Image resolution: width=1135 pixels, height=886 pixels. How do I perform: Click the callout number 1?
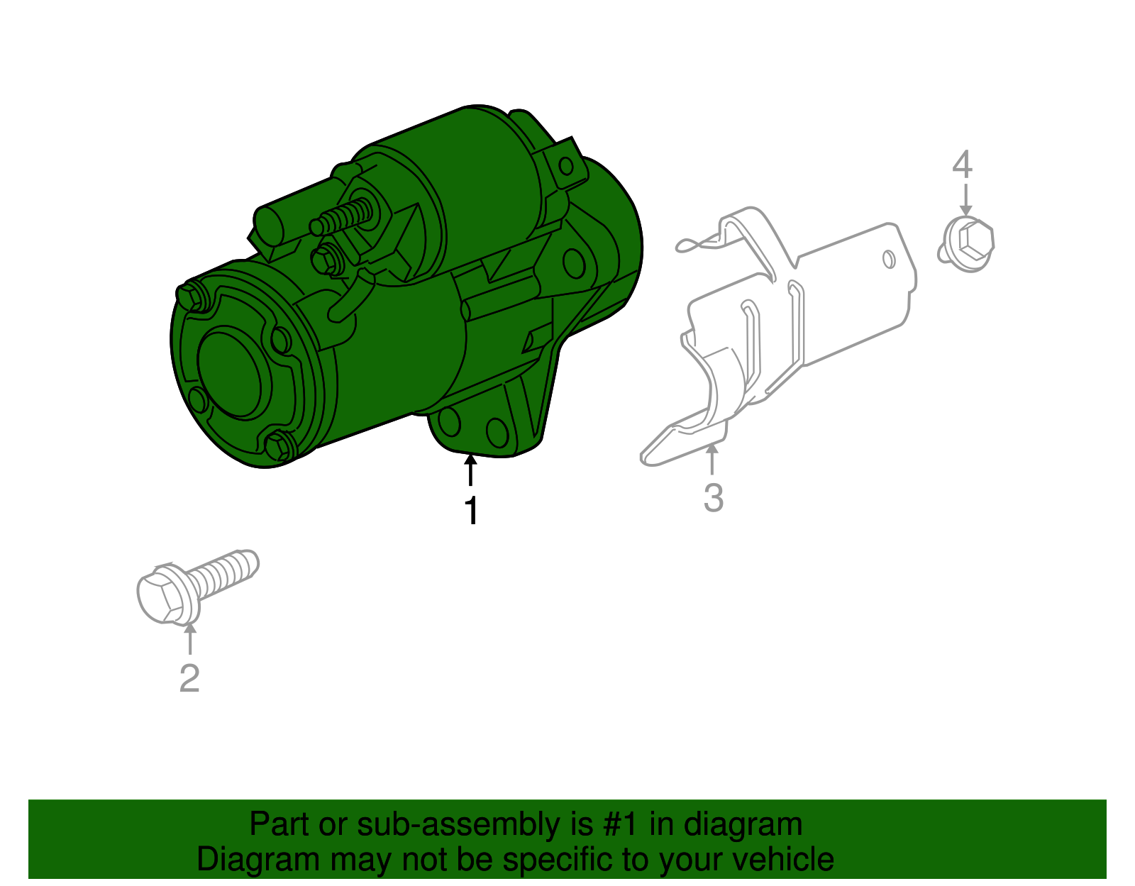(x=471, y=511)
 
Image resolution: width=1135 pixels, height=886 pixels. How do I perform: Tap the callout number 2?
(x=189, y=678)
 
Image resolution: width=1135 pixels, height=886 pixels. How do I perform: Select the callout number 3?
(x=713, y=497)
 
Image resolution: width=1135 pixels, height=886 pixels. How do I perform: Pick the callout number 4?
(x=962, y=165)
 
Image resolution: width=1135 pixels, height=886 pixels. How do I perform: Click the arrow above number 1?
(x=470, y=470)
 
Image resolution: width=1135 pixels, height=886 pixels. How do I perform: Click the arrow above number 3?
(x=712, y=458)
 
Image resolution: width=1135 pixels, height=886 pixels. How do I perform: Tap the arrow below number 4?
(x=965, y=199)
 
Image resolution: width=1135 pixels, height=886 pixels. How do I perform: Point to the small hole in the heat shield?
(x=888, y=259)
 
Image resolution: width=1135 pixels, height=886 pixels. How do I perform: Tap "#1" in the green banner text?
(x=621, y=825)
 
